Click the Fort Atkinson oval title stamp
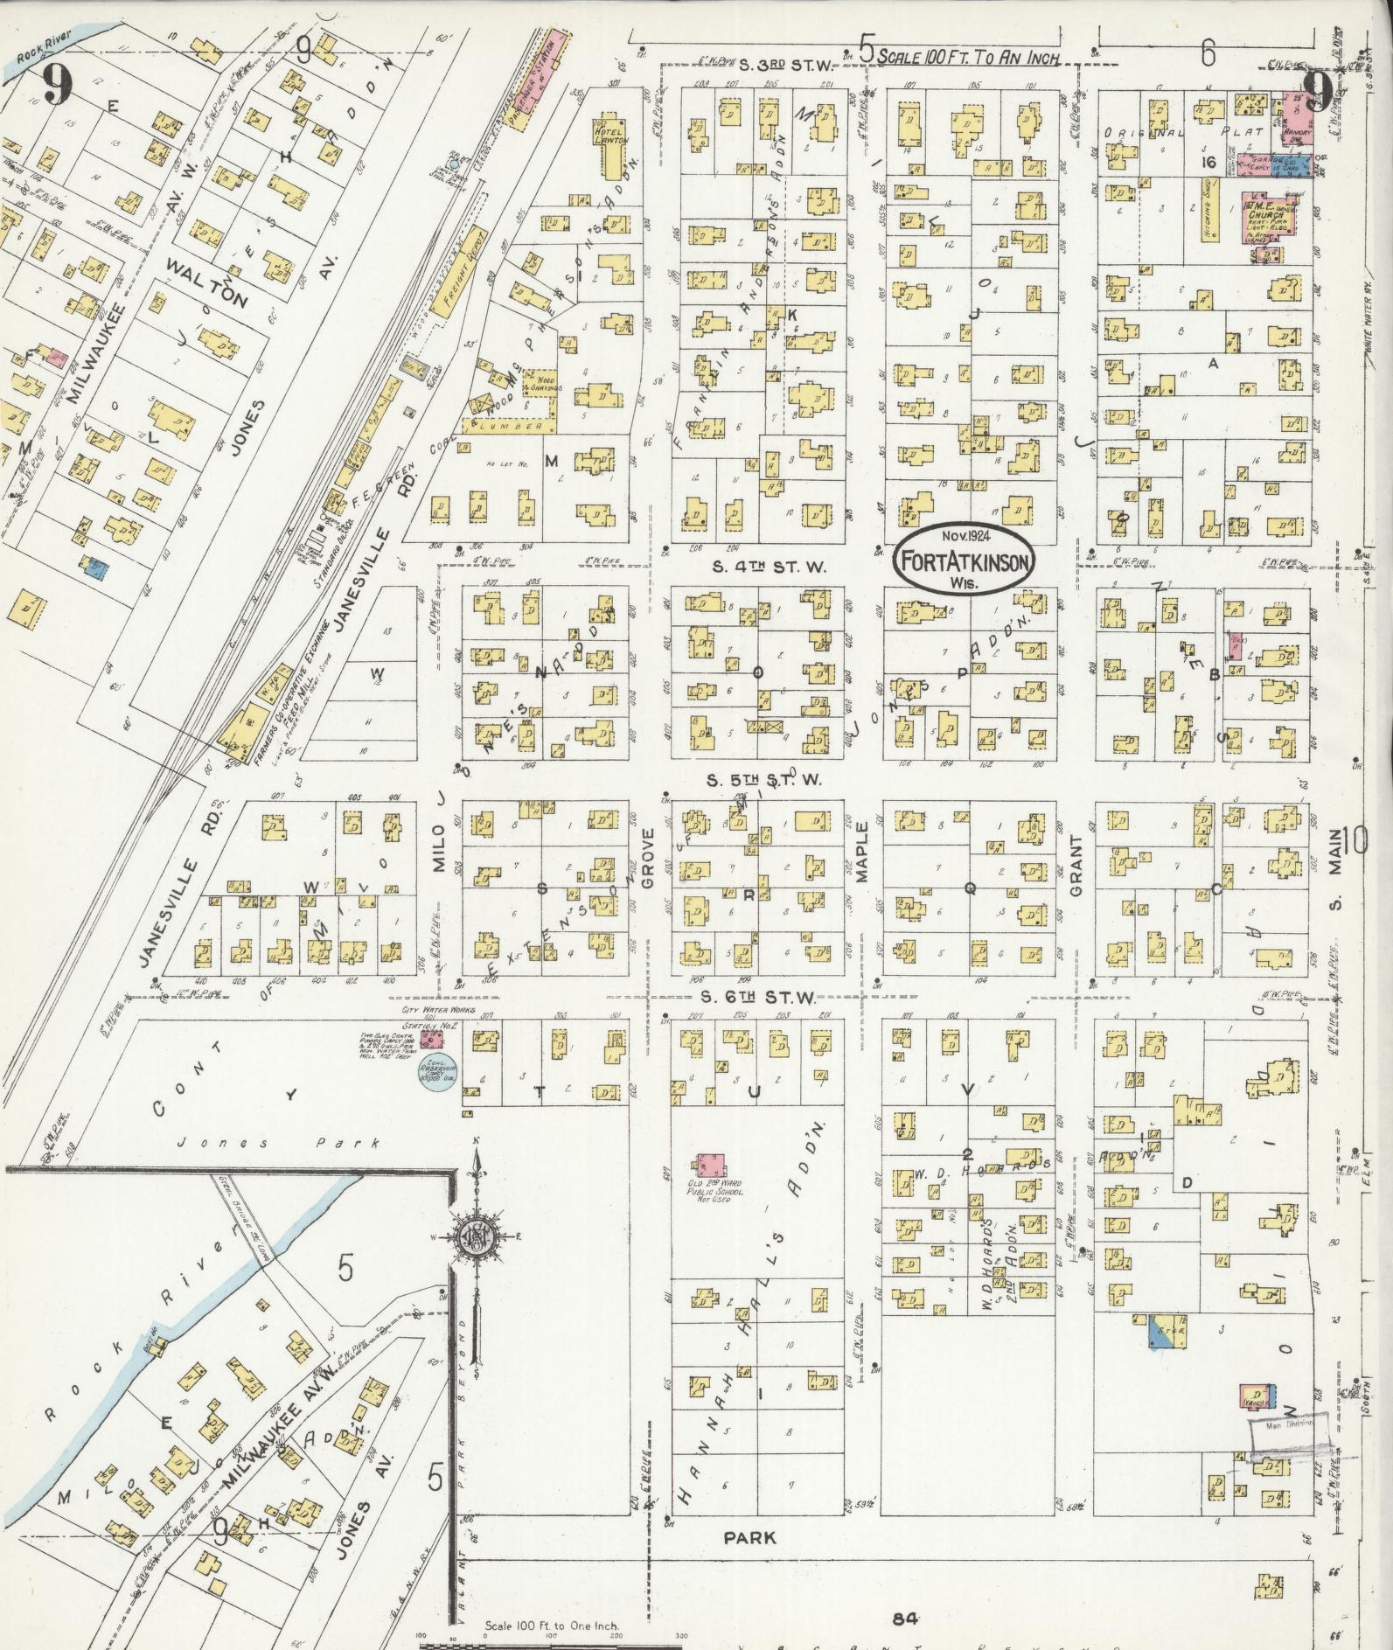(965, 560)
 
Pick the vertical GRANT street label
(1075, 866)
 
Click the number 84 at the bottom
(904, 1618)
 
